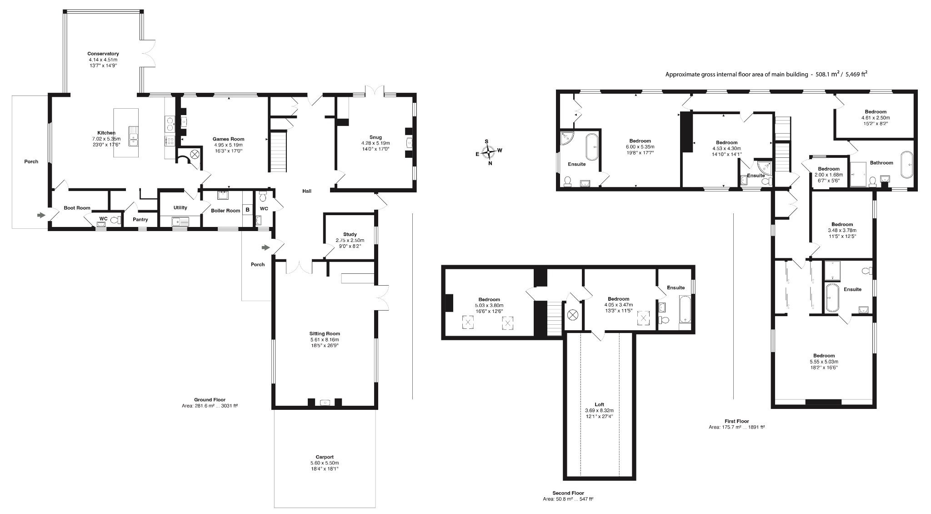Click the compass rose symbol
coord(488,152)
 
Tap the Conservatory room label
coord(103,54)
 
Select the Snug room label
coord(375,137)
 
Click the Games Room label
coord(229,139)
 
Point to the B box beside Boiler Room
coord(247,210)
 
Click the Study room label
coord(350,234)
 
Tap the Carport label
coord(325,457)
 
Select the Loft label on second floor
coord(600,404)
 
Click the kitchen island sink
coord(133,136)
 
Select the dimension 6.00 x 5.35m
coord(640,147)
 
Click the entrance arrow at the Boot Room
coord(41,215)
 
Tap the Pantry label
coord(140,219)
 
